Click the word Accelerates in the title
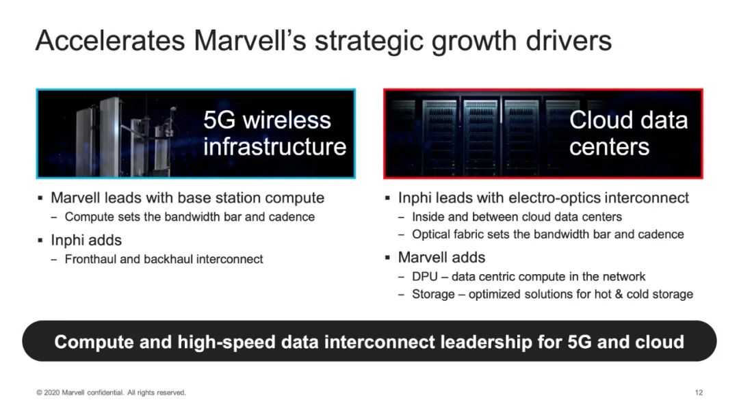click(110, 40)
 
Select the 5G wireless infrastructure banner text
click(275, 133)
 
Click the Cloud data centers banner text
click(628, 133)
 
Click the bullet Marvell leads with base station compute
click(187, 198)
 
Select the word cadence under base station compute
click(291, 217)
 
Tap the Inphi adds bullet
click(86, 240)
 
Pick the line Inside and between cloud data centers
click(517, 217)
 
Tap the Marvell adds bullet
click(441, 257)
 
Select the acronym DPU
click(425, 276)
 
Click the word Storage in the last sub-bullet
click(433, 295)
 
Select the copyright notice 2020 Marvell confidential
click(112, 392)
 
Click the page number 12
click(699, 392)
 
